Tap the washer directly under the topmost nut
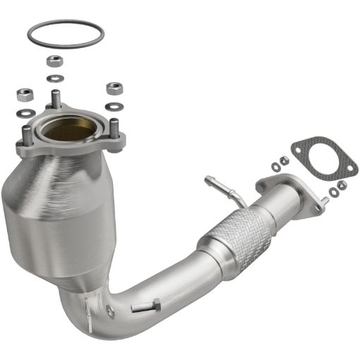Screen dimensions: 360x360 [54, 77]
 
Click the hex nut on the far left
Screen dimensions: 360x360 [25, 95]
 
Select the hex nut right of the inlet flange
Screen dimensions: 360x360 [114, 88]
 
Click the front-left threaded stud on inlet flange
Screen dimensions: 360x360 [28, 134]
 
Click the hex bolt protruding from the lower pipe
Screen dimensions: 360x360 [146, 306]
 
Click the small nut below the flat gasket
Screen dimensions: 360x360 [342, 185]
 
